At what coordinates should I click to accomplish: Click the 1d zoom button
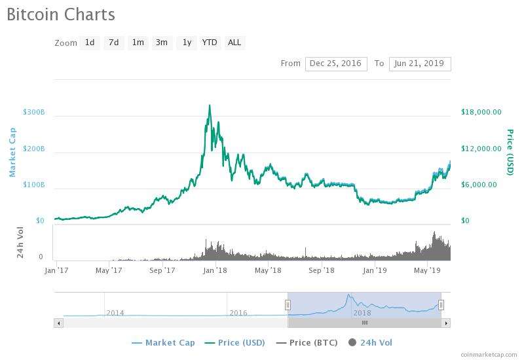(x=90, y=43)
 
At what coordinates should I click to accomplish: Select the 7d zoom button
(x=114, y=43)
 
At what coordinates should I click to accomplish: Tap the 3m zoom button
(x=162, y=43)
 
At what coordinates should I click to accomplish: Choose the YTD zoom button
(x=210, y=43)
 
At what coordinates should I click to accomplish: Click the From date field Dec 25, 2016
(x=335, y=63)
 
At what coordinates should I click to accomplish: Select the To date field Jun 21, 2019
(x=419, y=63)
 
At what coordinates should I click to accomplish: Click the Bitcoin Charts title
(x=61, y=14)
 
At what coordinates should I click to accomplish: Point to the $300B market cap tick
(x=33, y=112)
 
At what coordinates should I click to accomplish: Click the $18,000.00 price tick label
(x=481, y=112)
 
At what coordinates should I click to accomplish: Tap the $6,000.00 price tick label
(x=479, y=185)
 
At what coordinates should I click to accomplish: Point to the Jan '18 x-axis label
(x=215, y=270)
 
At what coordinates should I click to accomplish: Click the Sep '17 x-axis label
(x=162, y=270)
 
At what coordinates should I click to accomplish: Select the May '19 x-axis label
(x=427, y=270)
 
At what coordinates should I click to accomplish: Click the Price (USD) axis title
(x=510, y=152)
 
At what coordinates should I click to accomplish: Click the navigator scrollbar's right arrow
(x=446, y=323)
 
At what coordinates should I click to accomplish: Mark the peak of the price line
(x=209, y=105)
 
